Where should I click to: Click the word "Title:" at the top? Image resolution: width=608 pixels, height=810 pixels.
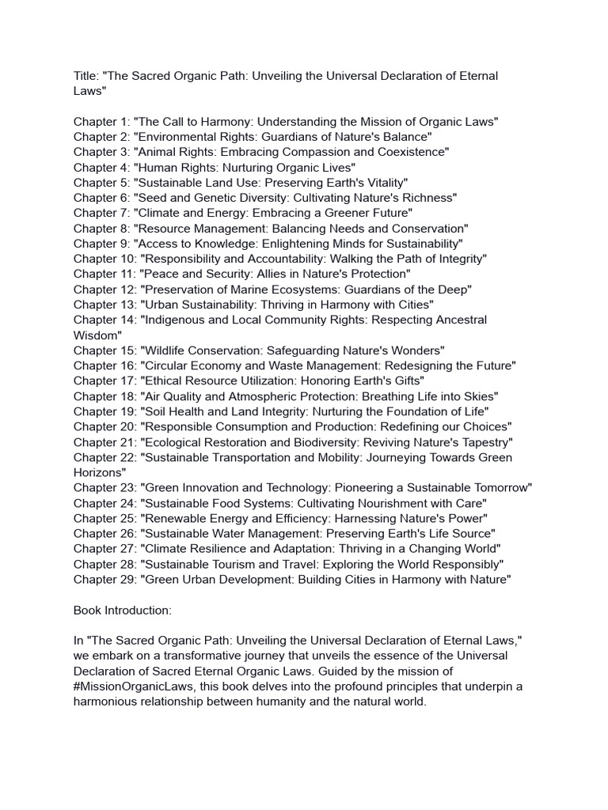coord(89,76)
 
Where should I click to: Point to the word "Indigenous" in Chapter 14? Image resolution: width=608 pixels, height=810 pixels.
coord(177,320)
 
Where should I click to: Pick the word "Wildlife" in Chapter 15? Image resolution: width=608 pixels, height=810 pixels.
coord(166,350)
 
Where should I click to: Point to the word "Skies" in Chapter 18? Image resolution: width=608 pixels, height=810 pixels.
coord(481,396)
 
